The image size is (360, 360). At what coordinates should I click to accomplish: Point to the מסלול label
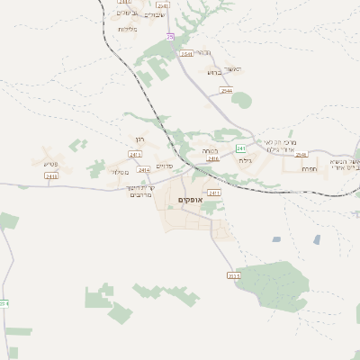click(x=120, y=172)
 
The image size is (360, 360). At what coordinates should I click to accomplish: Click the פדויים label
click(x=164, y=166)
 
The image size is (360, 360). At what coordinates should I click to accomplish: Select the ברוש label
click(x=214, y=72)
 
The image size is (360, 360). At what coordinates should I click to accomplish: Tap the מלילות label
click(x=128, y=30)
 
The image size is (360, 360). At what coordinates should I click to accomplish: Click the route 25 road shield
click(x=170, y=36)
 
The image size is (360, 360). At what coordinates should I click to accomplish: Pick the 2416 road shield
click(x=213, y=159)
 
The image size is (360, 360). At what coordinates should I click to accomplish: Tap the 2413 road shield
click(x=135, y=155)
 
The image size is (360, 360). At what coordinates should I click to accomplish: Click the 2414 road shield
click(x=143, y=168)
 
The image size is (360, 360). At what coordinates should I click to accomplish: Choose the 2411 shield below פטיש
click(x=51, y=176)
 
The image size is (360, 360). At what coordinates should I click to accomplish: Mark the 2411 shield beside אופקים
click(x=214, y=193)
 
